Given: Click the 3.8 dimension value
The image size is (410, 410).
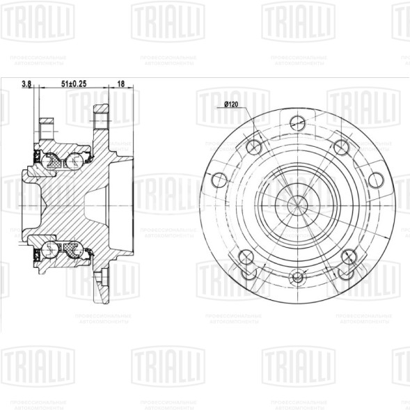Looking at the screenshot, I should click(x=26, y=84).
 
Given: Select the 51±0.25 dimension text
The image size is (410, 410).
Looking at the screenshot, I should click(x=74, y=84).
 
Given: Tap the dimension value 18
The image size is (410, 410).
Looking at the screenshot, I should click(x=120, y=84).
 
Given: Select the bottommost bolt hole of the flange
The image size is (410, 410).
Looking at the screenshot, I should click(x=297, y=276).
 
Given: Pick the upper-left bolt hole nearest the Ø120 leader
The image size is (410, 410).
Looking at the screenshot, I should click(x=253, y=146).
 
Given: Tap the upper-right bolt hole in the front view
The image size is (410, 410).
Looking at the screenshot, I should click(x=340, y=146).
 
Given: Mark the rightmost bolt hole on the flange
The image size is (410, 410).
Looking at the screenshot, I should click(x=377, y=179).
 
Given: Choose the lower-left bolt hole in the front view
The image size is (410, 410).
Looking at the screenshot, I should click(x=245, y=256).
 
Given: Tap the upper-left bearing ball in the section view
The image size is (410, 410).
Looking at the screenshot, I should click(x=51, y=162).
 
